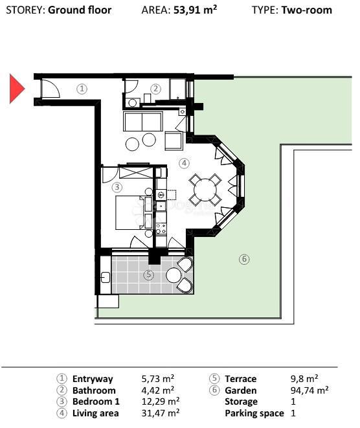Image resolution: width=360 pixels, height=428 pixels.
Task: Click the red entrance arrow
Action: tap(16, 89)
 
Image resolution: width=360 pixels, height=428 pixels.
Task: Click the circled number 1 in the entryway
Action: tap(82, 89)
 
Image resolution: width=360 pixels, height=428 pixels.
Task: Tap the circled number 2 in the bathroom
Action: tap(155, 89)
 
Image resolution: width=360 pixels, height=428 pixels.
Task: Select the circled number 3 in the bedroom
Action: tap(117, 187)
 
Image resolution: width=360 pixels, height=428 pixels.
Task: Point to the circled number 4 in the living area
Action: tap(184, 163)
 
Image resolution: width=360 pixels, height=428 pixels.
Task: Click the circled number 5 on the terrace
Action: tap(148, 275)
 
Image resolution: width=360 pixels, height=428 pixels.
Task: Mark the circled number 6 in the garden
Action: tap(244, 260)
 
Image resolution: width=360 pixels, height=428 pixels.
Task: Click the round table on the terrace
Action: tap(174, 275)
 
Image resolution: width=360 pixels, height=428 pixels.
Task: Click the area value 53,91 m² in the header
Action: tap(195, 10)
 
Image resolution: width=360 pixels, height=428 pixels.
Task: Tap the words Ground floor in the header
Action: tap(80, 10)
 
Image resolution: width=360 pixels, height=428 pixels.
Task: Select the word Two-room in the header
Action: tap(306, 10)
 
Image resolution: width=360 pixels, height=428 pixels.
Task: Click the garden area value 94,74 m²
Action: tap(309, 390)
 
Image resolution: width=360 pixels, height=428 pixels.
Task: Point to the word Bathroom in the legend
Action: tap(94, 390)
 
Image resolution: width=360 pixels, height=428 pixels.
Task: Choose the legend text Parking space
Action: tap(254, 413)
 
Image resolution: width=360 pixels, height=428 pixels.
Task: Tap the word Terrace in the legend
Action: tap(240, 379)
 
